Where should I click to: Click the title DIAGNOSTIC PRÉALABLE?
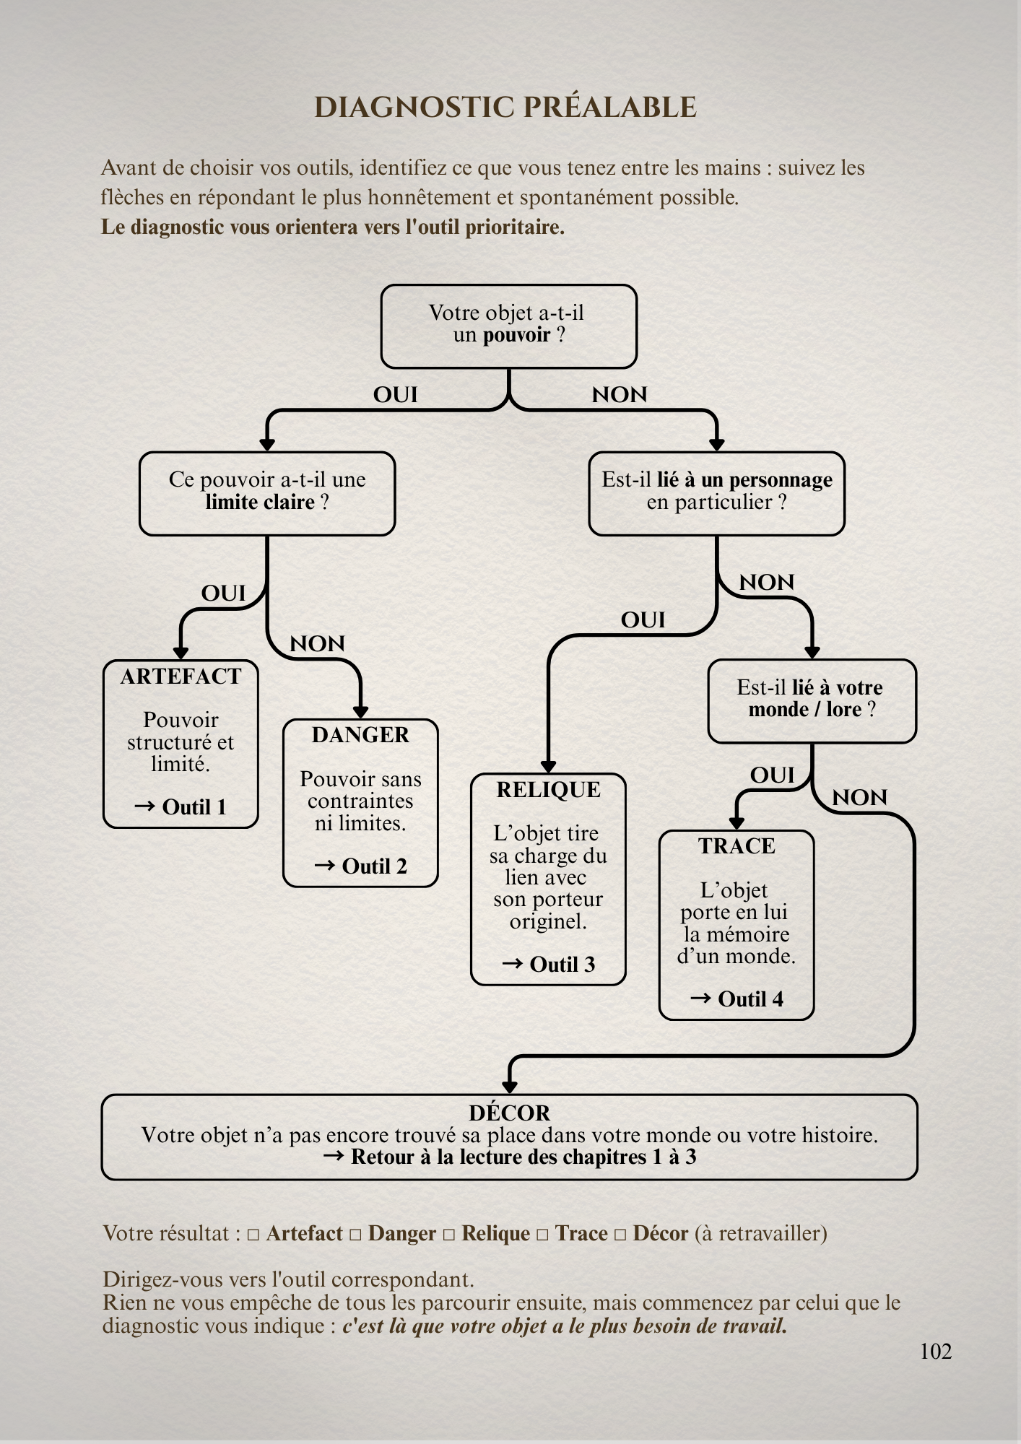pyautogui.click(x=505, y=108)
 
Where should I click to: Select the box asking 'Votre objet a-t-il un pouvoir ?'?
pyautogui.click(x=509, y=326)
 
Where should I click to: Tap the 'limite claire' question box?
pyautogui.click(x=267, y=494)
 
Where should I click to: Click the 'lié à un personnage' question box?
pyautogui.click(x=717, y=494)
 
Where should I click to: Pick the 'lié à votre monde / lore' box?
pyautogui.click(x=812, y=701)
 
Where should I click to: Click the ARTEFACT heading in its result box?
pyautogui.click(x=181, y=677)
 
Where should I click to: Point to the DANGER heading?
pyautogui.click(x=360, y=735)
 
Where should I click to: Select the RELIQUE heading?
pyautogui.click(x=548, y=790)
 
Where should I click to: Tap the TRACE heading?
pyautogui.click(x=737, y=846)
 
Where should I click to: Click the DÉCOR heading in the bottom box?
pyautogui.click(x=509, y=1113)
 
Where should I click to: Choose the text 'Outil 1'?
pyautogui.click(x=194, y=807)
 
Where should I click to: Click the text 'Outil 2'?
pyautogui.click(x=374, y=866)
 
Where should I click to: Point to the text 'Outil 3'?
pyautogui.click(x=562, y=965)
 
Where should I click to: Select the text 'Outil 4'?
pyautogui.click(x=751, y=999)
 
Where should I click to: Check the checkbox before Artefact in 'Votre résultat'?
pyautogui.click(x=253, y=1235)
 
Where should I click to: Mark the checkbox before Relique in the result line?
pyautogui.click(x=448, y=1235)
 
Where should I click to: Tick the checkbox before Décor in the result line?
pyautogui.click(x=620, y=1235)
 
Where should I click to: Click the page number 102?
pyautogui.click(x=936, y=1352)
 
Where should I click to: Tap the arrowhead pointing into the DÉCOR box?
pyautogui.click(x=510, y=1087)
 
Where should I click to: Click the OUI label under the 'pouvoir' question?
pyautogui.click(x=396, y=395)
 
